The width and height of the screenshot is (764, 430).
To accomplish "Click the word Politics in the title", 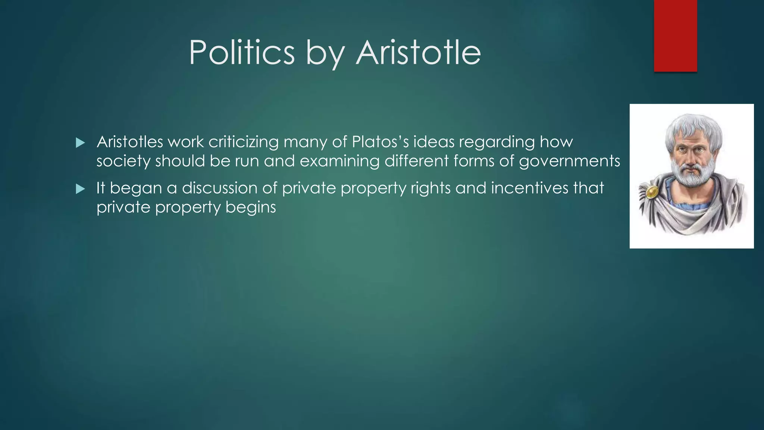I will (x=242, y=53).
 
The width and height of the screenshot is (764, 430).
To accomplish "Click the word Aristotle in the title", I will (x=418, y=53).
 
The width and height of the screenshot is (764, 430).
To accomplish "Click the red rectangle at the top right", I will (x=675, y=35).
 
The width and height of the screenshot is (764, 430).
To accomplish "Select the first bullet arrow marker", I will (x=80, y=143).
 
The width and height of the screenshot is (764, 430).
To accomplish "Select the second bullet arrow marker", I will (x=80, y=189).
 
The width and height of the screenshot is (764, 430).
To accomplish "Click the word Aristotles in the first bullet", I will (x=130, y=142).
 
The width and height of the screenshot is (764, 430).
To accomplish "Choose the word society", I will (x=123, y=161).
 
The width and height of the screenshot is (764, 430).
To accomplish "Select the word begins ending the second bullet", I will (x=251, y=207).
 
